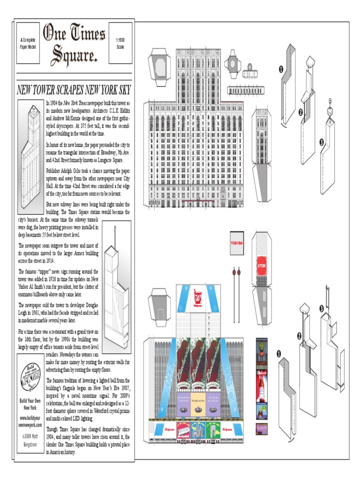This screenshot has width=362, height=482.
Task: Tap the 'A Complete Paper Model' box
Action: [x=28, y=43]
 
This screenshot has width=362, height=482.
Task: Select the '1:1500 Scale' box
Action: [x=120, y=43]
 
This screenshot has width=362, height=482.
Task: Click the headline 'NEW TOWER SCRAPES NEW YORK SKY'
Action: [x=74, y=90]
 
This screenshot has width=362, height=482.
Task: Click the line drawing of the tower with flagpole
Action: [x=115, y=292]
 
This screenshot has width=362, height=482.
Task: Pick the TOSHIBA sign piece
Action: [x=237, y=244]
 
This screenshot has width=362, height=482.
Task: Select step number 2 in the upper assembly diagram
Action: [x=300, y=112]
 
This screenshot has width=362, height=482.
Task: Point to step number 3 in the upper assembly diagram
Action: [x=321, y=142]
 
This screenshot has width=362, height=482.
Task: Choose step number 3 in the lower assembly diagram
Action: [x=322, y=308]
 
